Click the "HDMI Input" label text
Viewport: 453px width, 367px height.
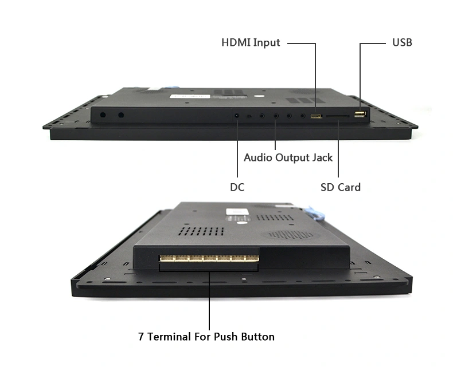251,43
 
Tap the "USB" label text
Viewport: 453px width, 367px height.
402,42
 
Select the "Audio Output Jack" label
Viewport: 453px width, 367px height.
288,157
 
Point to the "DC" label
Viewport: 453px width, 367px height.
237,187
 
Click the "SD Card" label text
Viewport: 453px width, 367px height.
341,187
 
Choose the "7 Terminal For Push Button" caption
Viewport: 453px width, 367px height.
206,337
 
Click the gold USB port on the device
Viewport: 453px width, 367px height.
360,114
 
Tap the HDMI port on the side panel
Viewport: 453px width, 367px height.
317,116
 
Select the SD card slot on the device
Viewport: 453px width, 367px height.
338,116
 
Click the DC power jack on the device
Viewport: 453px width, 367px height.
237,116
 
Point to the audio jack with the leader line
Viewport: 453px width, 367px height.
276,116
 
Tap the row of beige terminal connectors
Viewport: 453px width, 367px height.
209,258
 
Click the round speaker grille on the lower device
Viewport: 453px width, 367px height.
291,235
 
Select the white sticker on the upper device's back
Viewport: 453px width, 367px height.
190,96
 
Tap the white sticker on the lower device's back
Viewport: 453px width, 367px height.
237,212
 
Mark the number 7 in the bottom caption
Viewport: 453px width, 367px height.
140,337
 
